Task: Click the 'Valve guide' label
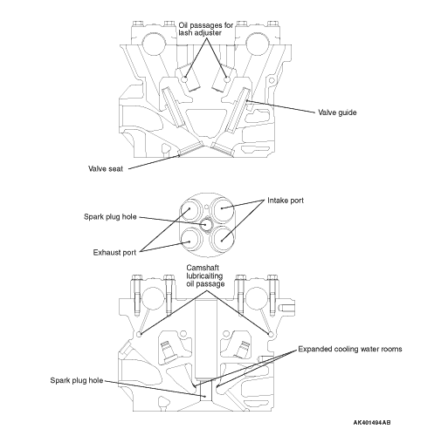coord(337,112)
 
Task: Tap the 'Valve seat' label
coord(106,168)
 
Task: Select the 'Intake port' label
coord(286,201)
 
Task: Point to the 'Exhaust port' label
coord(114,253)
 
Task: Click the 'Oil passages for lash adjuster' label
coord(206,29)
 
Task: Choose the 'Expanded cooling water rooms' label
coord(350,349)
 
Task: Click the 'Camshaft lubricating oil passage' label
coord(205,276)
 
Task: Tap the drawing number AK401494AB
coord(372,422)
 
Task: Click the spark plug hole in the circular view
coord(207,224)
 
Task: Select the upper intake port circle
coord(223,208)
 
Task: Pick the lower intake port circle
coord(223,240)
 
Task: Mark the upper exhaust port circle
coord(189,208)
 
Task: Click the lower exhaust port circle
coord(189,241)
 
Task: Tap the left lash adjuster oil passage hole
coord(184,79)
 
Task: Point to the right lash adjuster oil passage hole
coord(227,79)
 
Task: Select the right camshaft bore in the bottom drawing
coord(257,298)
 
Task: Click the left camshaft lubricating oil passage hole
coord(140,334)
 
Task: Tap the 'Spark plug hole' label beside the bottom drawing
coord(77,380)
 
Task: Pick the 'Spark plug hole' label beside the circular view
coord(110,217)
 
